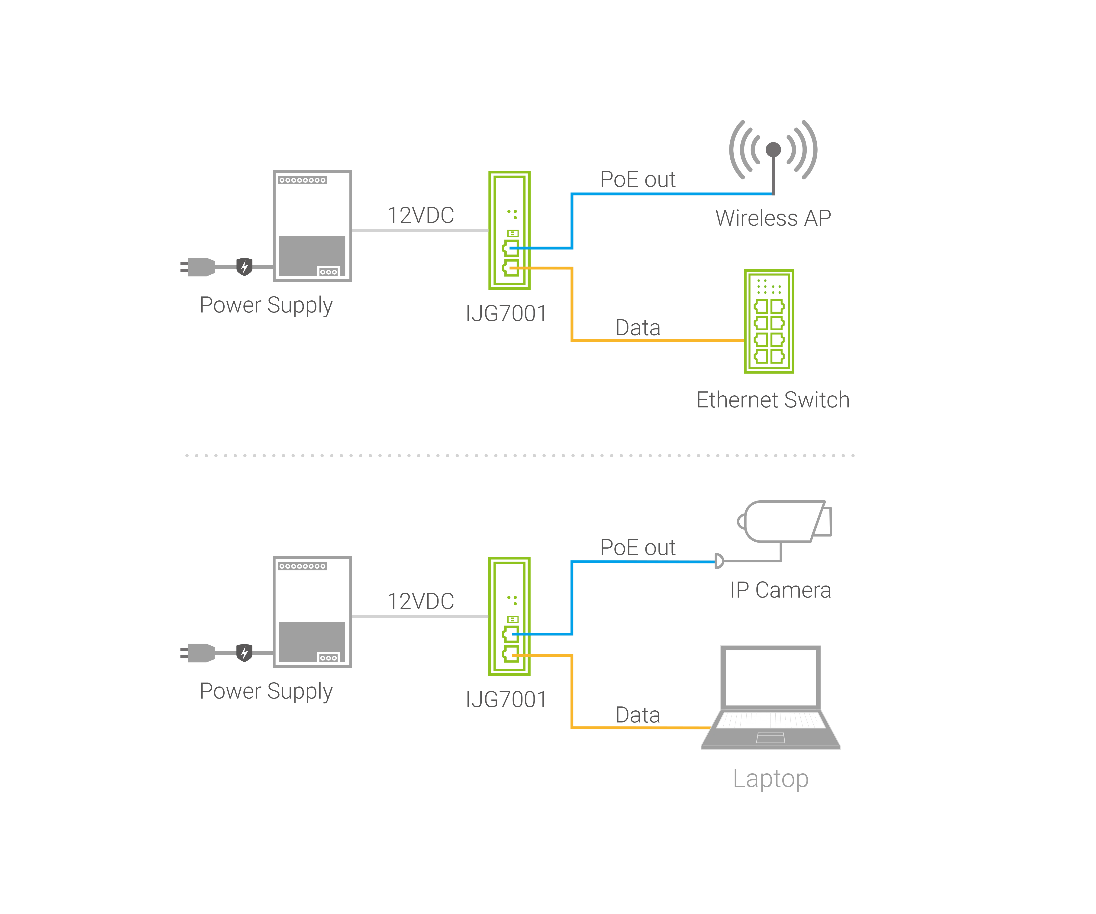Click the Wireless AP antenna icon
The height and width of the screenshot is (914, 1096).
(x=773, y=151)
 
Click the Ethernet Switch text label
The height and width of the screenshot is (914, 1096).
(x=774, y=400)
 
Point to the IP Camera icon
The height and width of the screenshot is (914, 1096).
(x=786, y=522)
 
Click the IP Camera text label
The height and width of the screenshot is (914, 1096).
(x=780, y=590)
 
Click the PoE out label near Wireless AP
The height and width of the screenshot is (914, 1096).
(x=638, y=180)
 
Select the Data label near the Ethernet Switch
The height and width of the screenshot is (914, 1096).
(x=638, y=328)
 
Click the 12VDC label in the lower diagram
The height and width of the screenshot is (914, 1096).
(x=421, y=601)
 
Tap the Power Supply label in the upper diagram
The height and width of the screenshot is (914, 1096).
(x=266, y=305)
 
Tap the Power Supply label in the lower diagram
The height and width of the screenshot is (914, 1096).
(x=266, y=691)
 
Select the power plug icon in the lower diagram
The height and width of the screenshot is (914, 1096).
(x=198, y=653)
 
